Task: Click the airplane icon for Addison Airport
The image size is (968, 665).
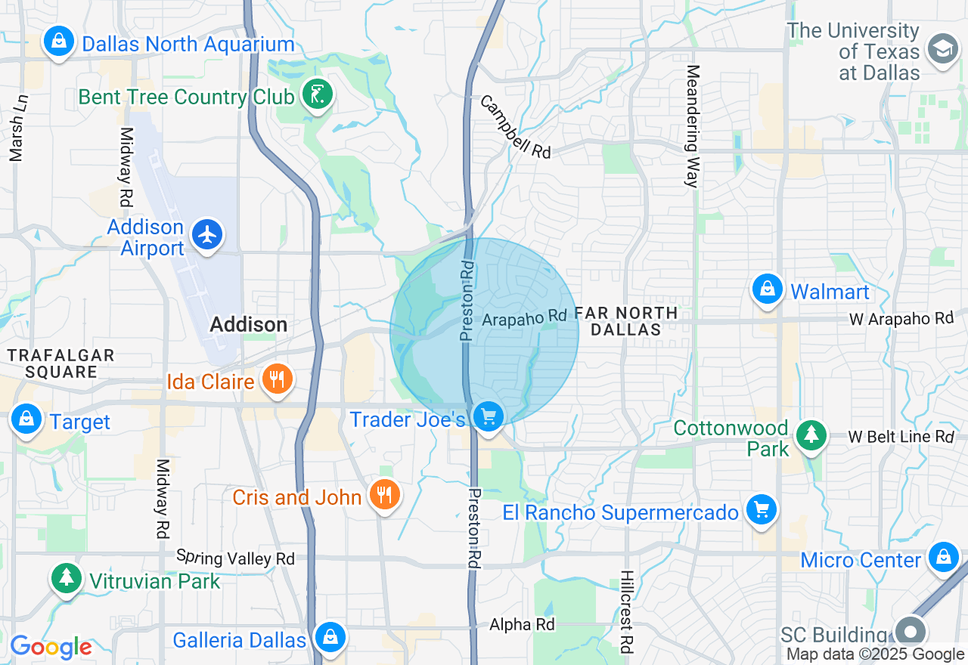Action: click(207, 235)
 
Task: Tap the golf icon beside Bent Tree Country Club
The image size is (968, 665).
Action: click(317, 95)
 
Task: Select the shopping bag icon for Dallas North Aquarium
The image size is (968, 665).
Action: click(59, 41)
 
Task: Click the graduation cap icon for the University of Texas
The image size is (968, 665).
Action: click(942, 50)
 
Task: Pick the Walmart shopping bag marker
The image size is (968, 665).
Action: click(768, 289)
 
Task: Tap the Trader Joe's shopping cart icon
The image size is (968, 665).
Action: click(488, 416)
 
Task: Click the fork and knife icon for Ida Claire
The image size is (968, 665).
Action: click(278, 379)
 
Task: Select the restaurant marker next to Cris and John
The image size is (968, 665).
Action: click(385, 495)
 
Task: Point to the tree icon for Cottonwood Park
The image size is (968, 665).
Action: click(811, 434)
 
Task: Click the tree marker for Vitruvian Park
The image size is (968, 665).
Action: click(67, 578)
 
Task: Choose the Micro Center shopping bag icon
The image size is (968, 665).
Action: click(943, 558)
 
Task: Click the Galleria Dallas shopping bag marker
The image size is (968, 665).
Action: click(330, 637)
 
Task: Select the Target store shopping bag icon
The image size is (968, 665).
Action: click(27, 419)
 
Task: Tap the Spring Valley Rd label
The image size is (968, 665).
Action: click(235, 558)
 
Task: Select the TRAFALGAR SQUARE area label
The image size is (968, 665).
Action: click(60, 363)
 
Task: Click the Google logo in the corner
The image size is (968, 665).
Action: click(50, 647)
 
